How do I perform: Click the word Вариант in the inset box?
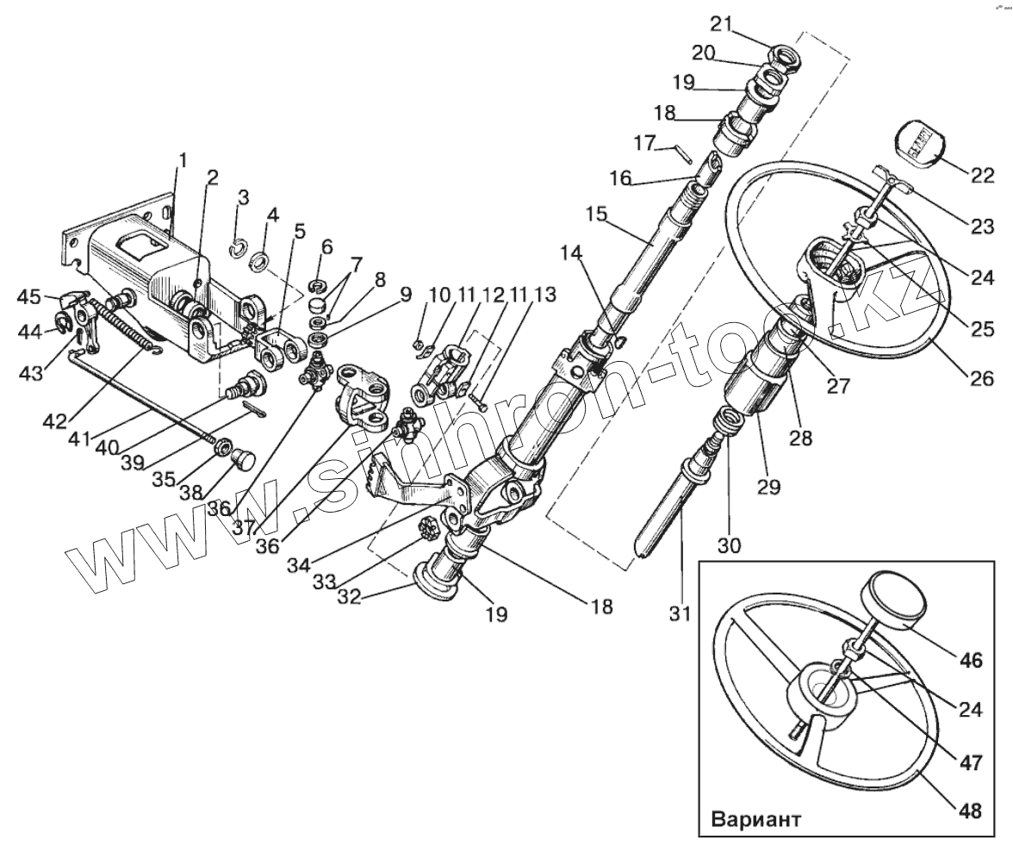tap(755, 818)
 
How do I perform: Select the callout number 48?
tap(970, 811)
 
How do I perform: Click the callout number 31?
tap(681, 615)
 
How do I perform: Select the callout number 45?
tap(30, 297)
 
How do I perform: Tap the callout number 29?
tap(768, 486)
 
